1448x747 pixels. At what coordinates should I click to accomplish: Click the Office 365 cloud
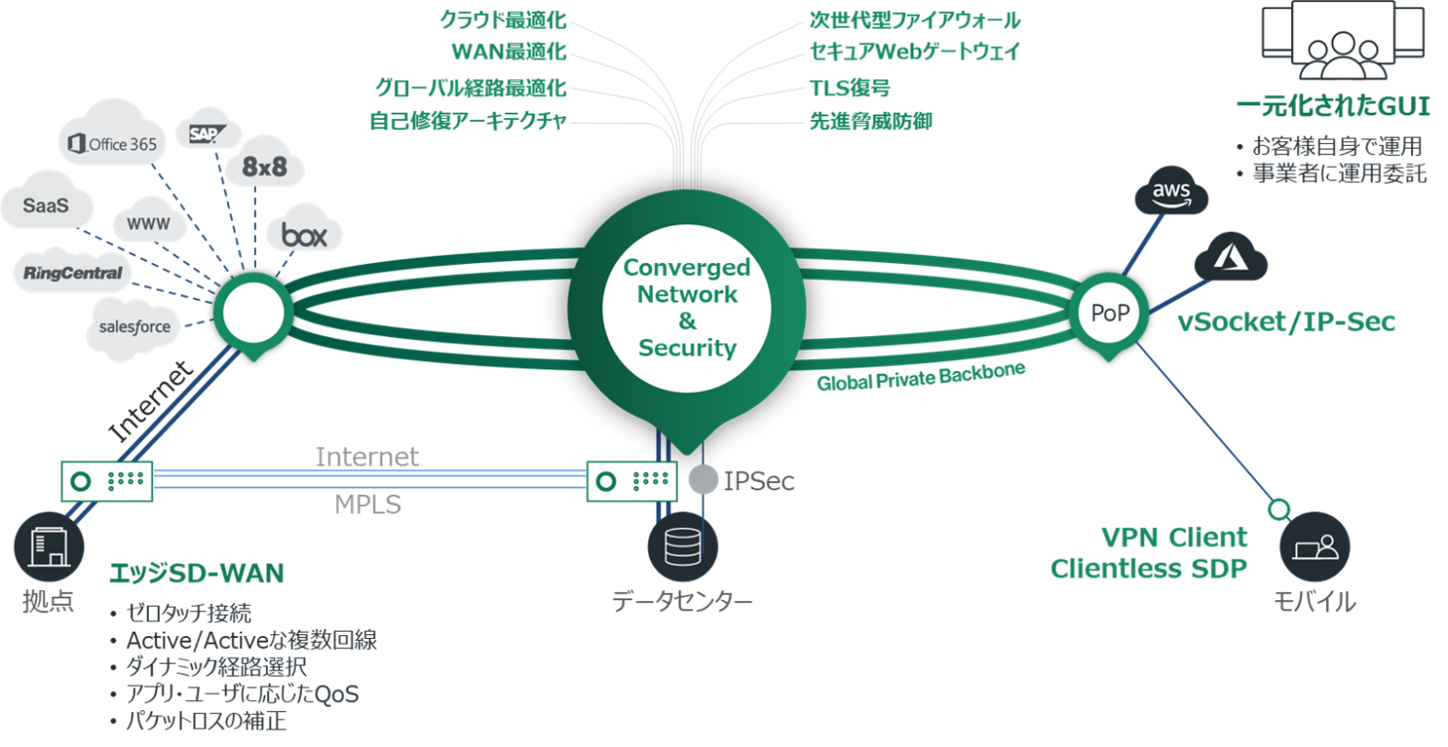(115, 143)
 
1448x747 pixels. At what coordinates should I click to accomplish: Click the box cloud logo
(304, 235)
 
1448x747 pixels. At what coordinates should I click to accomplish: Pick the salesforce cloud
(135, 327)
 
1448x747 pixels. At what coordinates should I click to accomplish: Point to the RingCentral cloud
(73, 272)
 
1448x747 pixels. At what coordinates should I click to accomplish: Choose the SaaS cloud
(46, 205)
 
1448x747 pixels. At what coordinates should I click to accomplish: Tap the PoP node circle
(1110, 312)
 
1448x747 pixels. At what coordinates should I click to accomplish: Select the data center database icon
(682, 546)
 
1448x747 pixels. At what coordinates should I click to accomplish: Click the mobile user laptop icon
(1314, 547)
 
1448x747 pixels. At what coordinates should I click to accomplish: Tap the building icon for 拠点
(48, 547)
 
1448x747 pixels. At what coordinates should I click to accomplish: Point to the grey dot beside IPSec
(704, 480)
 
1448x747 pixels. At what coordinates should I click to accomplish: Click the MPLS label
(367, 505)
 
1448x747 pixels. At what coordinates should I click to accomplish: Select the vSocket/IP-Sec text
(1286, 321)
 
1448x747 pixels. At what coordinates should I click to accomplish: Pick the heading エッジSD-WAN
(196, 573)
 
